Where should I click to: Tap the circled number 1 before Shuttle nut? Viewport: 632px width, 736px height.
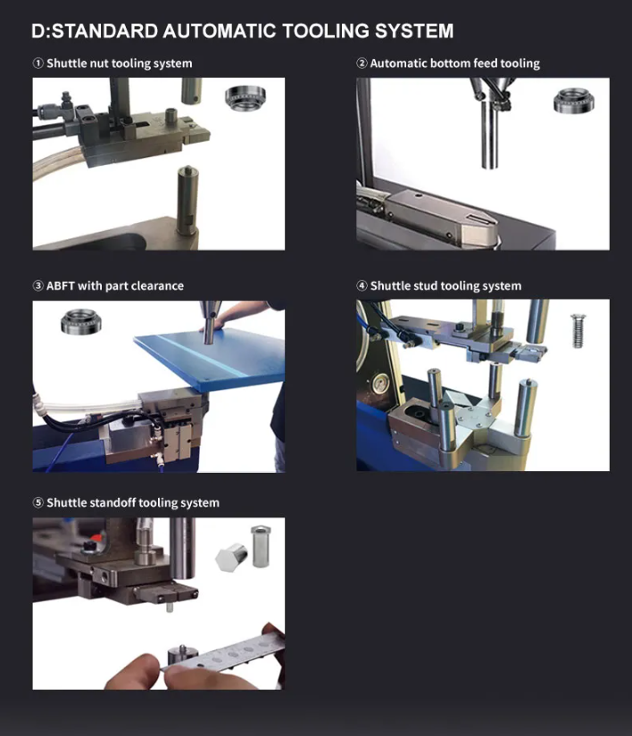[x=38, y=63]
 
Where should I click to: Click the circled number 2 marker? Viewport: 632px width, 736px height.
[x=362, y=63]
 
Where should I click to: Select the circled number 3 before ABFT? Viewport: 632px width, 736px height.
[x=38, y=285]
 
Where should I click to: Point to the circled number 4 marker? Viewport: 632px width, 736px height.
[x=362, y=285]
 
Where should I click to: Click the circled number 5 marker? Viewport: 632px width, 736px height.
[x=38, y=503]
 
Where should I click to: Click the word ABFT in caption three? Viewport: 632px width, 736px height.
[x=61, y=285]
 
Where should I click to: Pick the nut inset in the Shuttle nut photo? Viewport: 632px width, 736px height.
[x=245, y=98]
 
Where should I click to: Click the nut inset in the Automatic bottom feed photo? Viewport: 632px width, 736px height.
[x=573, y=101]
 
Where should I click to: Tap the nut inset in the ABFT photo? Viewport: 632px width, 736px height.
[x=80, y=321]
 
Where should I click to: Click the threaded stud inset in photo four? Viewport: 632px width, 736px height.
[x=579, y=331]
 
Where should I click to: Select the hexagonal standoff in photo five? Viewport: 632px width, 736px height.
[x=231, y=557]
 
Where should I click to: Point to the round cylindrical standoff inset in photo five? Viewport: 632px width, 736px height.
[x=261, y=546]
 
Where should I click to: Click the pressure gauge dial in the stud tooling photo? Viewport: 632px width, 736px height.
[x=380, y=385]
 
